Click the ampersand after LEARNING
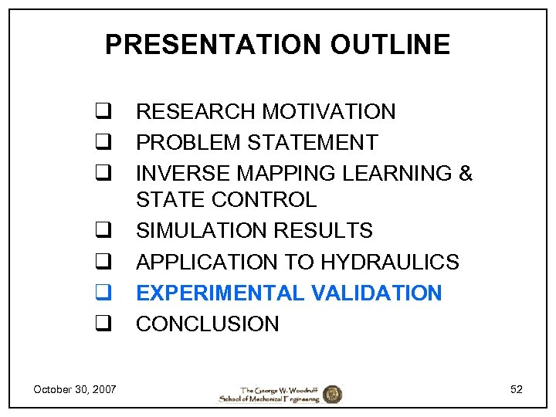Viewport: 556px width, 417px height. pyautogui.click(x=465, y=174)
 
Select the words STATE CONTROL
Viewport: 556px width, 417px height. pyautogui.click(x=226, y=200)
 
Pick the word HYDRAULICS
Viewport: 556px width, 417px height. pyautogui.click(x=390, y=262)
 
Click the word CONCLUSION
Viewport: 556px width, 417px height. pyautogui.click(x=208, y=324)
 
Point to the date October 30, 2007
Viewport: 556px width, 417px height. pyautogui.click(x=75, y=389)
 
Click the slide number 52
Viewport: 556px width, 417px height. pyautogui.click(x=516, y=389)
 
